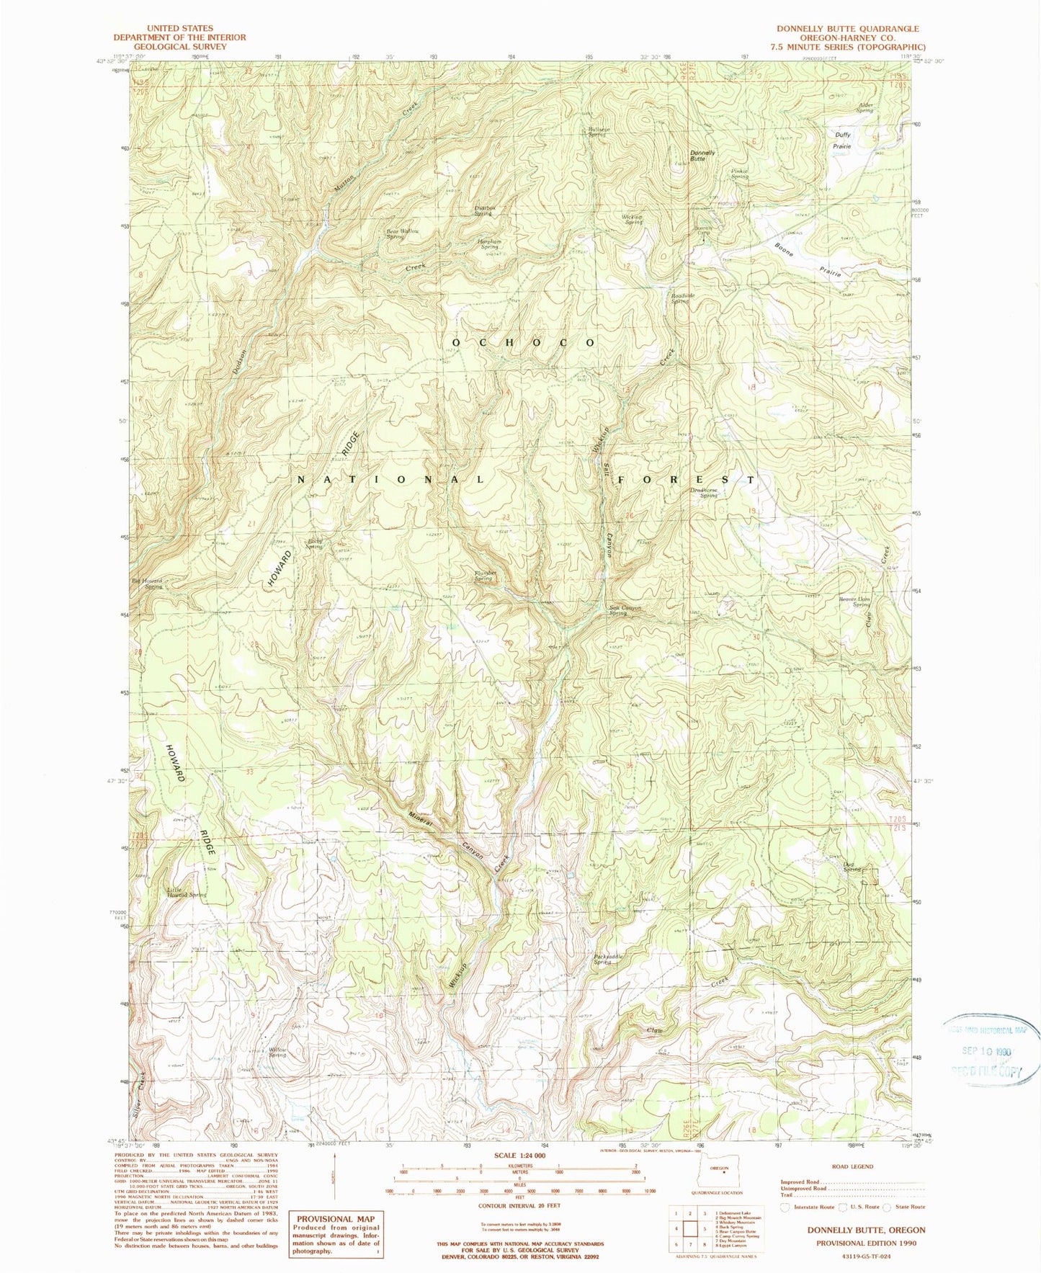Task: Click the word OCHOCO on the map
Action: coord(524,342)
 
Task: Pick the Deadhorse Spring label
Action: coord(704,493)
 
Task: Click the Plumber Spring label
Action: coord(483,576)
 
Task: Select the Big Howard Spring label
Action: coord(147,584)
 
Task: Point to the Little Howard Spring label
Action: coord(186,891)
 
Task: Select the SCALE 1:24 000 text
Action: coord(518,1156)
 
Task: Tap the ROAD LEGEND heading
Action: coord(852,1166)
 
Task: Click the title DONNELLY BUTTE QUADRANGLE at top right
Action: coord(847,29)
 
